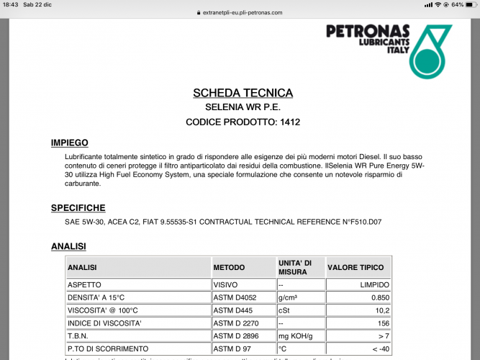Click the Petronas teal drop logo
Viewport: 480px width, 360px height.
(430, 52)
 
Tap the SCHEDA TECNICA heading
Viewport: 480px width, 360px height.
(243, 93)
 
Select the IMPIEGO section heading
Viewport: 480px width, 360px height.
(69, 143)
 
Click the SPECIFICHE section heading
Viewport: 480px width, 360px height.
(78, 208)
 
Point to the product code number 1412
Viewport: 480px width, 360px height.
(289, 122)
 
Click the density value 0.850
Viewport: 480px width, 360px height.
(379, 297)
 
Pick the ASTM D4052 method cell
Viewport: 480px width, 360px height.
(235, 297)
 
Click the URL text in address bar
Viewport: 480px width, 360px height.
(243, 12)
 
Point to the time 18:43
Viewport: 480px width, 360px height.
(11, 5)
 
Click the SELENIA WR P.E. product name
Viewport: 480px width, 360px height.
(243, 107)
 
